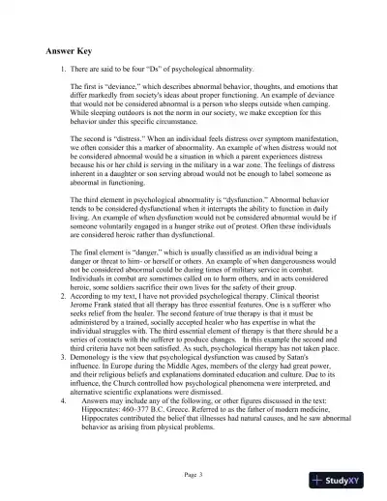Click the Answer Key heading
coord(73,50)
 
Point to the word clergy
coord(249,363)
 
